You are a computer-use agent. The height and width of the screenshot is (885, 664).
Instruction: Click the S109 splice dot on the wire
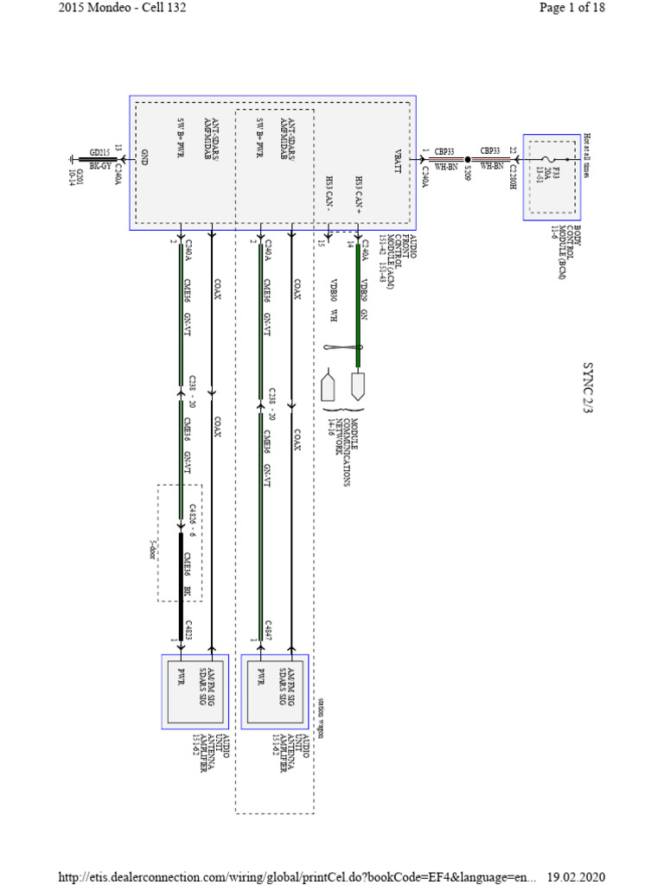(468, 160)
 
